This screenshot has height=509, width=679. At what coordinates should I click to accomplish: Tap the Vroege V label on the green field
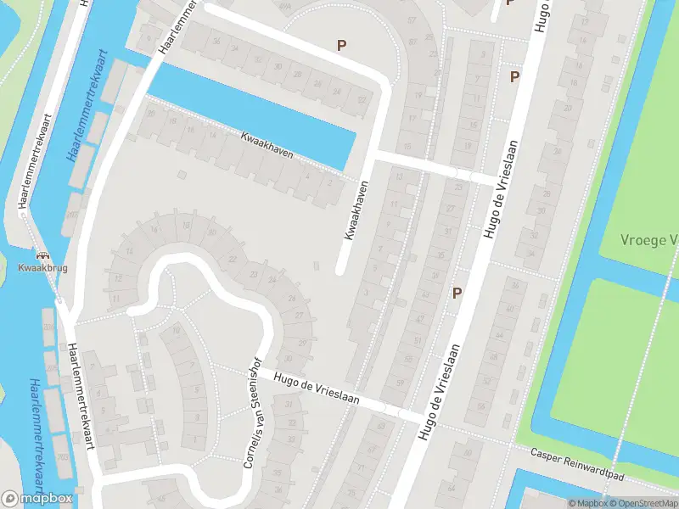tap(652, 240)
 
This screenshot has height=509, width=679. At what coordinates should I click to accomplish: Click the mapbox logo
tap(36, 499)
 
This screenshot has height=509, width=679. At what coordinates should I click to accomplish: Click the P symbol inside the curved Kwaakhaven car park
tap(342, 45)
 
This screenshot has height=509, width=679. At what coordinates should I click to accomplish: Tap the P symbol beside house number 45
tap(457, 294)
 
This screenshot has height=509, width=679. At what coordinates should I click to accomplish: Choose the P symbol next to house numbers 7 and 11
tap(513, 76)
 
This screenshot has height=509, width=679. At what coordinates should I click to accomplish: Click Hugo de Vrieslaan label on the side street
tap(317, 387)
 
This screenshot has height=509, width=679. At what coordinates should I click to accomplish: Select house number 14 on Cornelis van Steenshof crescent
tap(129, 252)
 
